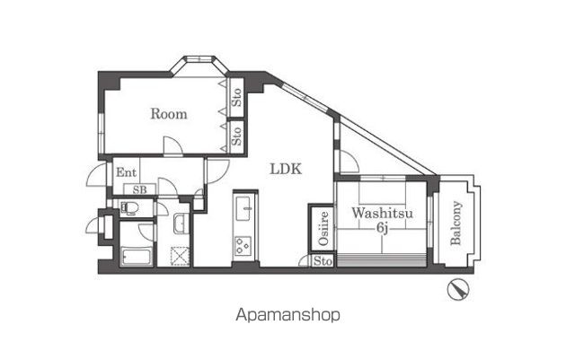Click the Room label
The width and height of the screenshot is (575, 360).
tap(169, 114)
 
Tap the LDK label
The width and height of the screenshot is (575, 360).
tap(286, 169)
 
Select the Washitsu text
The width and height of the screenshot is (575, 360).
tap(382, 213)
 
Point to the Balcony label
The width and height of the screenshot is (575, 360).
tap(456, 223)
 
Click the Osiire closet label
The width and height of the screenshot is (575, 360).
tap(323, 228)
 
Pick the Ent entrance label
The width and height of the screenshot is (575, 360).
tap(126, 172)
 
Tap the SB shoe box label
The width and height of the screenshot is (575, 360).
tap(140, 189)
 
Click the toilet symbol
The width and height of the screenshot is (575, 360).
tap(129, 208)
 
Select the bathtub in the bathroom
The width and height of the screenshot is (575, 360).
tap(136, 256)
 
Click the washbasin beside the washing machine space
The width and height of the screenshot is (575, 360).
tap(181, 224)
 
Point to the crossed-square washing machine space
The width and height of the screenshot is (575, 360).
tap(181, 256)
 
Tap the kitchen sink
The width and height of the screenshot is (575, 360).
tap(243, 208)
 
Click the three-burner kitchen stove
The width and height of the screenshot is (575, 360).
tap(243, 246)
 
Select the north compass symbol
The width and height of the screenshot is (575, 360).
tap(458, 290)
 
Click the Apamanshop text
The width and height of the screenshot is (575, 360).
tap(287, 315)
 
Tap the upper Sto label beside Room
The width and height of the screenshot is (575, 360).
tap(237, 97)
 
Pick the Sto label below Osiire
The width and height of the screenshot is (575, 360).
tap(323, 261)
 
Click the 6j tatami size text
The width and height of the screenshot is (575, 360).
tap(382, 228)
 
